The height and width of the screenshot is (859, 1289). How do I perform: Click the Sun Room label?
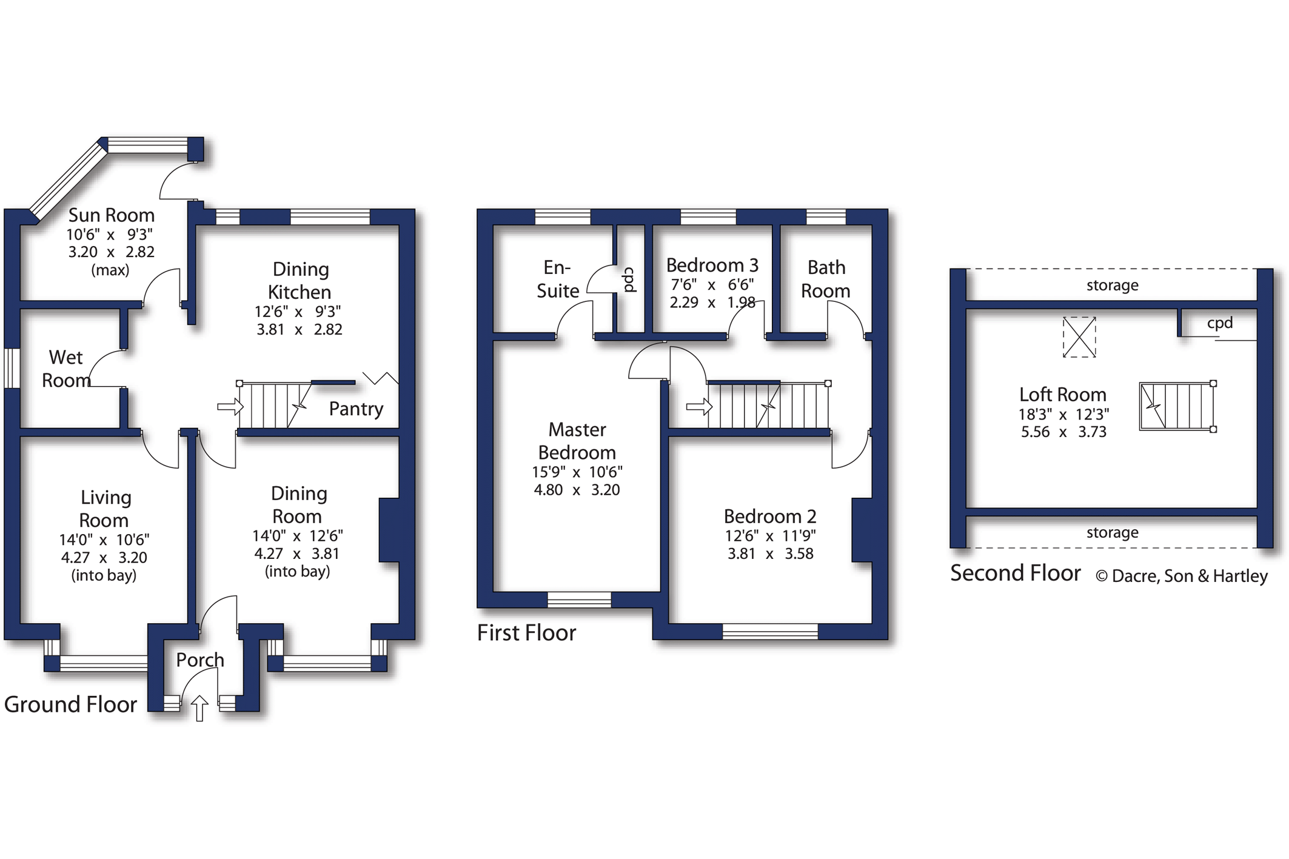(x=112, y=215)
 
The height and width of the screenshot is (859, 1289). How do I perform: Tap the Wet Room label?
(x=66, y=369)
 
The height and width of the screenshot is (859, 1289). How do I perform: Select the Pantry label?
(x=356, y=409)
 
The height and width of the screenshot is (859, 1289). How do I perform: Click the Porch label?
(x=200, y=660)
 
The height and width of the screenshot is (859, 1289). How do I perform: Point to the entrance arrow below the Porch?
(x=199, y=708)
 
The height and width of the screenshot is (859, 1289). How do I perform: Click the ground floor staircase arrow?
(x=230, y=406)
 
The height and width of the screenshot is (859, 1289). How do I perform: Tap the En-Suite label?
(x=558, y=279)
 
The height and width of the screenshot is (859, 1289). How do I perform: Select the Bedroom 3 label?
(x=712, y=265)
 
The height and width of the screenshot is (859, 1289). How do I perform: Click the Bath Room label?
(x=826, y=279)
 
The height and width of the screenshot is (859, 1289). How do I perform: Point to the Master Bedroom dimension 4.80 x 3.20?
(x=577, y=490)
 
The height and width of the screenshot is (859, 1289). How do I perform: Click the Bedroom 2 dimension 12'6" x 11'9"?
(x=770, y=536)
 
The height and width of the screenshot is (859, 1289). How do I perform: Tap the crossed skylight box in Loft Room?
(x=1079, y=337)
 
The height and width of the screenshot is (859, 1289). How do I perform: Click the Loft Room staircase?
(x=1177, y=406)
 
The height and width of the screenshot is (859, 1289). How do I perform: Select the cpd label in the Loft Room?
(x=1220, y=323)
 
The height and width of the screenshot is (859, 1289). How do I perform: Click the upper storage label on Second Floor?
(x=1112, y=285)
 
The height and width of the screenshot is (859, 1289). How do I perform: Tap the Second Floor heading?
(x=1015, y=573)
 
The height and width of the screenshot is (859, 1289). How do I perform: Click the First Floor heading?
(x=526, y=633)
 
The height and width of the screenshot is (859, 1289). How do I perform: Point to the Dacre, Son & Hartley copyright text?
(x=1181, y=576)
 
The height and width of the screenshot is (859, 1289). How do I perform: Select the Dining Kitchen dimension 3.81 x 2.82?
(x=300, y=330)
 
